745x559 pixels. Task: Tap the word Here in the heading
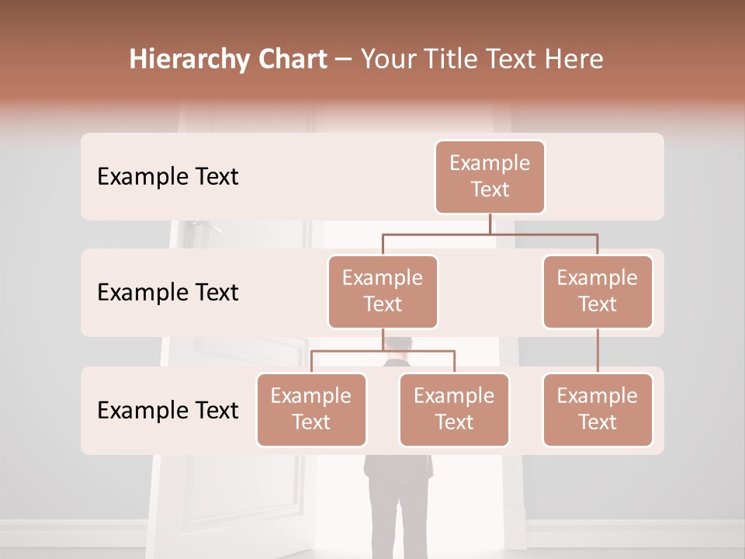(573, 59)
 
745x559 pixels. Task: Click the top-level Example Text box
(490, 176)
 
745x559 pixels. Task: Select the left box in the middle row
(383, 291)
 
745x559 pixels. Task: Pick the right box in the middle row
(598, 291)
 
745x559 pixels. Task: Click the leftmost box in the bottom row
(311, 409)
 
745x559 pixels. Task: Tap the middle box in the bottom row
(454, 409)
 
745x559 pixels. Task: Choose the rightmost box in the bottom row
(598, 409)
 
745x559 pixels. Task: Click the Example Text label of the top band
(168, 177)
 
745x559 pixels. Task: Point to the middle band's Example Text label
(168, 293)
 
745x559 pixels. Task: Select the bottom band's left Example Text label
(168, 410)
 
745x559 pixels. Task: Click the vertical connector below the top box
(490, 224)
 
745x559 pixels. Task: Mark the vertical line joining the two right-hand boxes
(598, 351)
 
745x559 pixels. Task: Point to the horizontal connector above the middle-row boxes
(490, 233)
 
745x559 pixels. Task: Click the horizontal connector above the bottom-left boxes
(383, 351)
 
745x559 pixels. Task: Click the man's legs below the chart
(396, 505)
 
